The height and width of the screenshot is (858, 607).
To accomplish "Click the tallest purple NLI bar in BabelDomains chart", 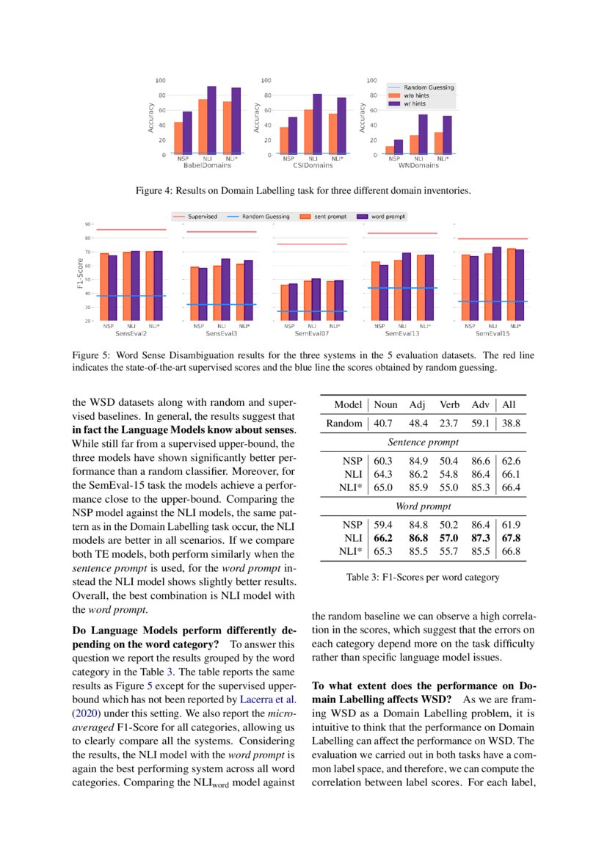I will point(211,120).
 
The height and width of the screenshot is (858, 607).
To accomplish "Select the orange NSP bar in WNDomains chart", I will point(390,150).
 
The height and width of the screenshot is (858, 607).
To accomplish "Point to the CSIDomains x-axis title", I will point(313,165).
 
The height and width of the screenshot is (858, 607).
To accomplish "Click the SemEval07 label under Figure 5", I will point(312,332).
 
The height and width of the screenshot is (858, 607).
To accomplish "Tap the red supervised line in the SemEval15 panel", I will point(492,239).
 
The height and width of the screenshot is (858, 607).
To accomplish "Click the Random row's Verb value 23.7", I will point(448,423).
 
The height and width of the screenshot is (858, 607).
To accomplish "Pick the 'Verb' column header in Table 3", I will point(449,404).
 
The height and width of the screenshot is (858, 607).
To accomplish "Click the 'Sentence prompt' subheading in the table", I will point(423,443).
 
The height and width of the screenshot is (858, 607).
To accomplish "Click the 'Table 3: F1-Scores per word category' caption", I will point(423,577).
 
